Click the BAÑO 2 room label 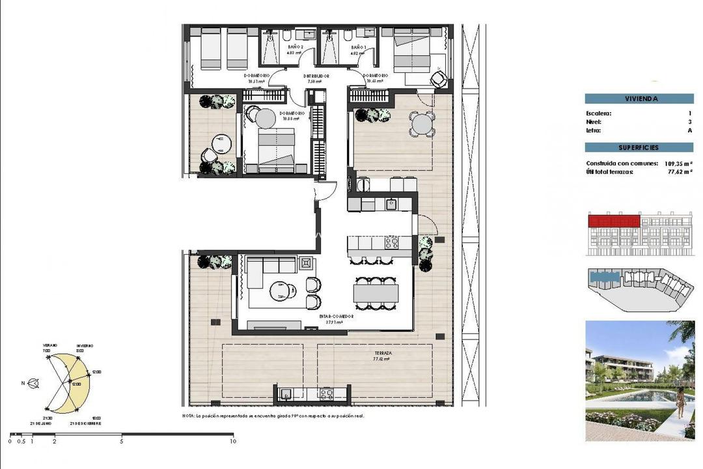point(296,48)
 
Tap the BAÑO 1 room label point(359,48)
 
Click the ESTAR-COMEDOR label point(331,315)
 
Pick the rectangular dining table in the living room point(376,290)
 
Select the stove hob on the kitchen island point(393,243)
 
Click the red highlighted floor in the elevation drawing point(613,221)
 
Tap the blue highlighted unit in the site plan point(605,277)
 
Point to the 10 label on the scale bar point(232,442)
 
